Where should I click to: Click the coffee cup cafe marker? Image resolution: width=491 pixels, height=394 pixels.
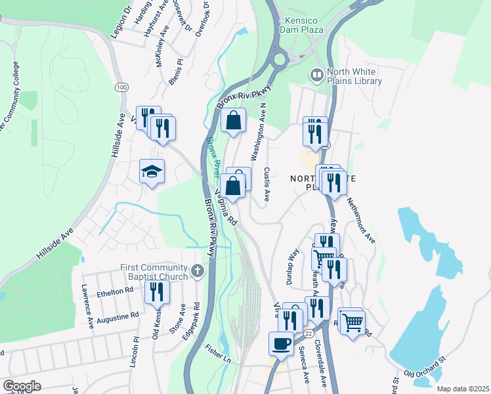[282, 343]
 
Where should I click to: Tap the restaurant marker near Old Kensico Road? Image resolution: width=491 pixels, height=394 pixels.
[156, 292]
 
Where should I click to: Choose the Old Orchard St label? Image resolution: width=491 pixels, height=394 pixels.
[425, 366]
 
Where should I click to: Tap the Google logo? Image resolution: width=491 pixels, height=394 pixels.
[22, 386]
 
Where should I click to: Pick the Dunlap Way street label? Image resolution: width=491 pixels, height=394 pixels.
[293, 265]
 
